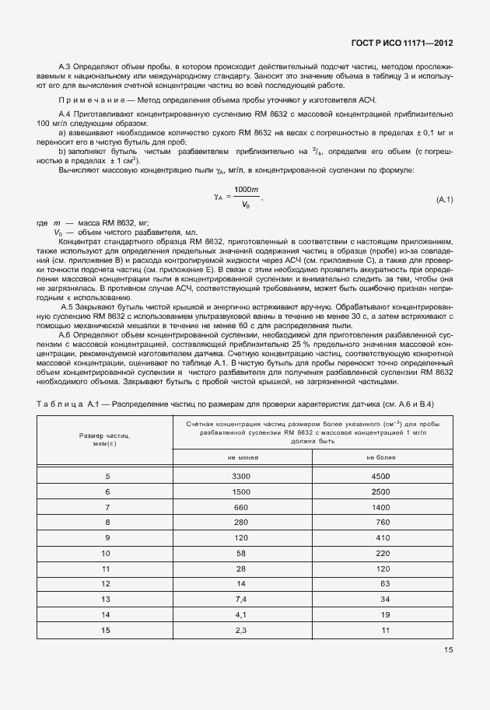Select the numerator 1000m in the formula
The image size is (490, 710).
(246, 191)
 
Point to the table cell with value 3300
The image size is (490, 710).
(240, 475)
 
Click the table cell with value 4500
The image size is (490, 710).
(380, 475)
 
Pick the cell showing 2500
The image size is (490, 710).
(380, 491)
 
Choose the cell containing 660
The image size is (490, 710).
(240, 506)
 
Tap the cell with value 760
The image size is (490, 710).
(380, 522)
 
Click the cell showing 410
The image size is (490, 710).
(380, 537)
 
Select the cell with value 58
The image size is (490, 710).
(240, 553)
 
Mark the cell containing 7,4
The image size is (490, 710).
(240, 600)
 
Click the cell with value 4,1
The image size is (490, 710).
(240, 615)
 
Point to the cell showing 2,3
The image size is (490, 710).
(240, 631)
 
